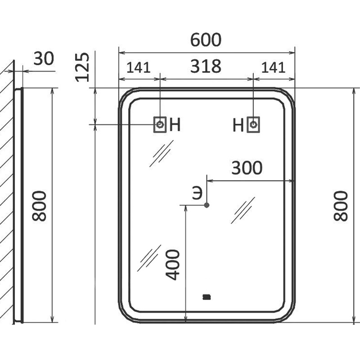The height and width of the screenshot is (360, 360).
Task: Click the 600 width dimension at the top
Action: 206,40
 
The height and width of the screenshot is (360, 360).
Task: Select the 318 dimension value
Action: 206,66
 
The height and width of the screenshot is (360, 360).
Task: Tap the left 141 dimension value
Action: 139,67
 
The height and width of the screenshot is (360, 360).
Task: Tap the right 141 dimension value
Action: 273,67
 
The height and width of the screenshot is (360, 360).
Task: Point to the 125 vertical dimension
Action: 82,67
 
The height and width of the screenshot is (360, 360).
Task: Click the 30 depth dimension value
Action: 44,58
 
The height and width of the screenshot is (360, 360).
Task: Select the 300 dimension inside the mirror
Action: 247,167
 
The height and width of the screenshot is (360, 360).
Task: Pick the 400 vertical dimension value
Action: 173,265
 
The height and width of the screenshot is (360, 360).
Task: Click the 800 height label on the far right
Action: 341,206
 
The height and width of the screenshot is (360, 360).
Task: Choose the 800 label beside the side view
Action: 39,206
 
